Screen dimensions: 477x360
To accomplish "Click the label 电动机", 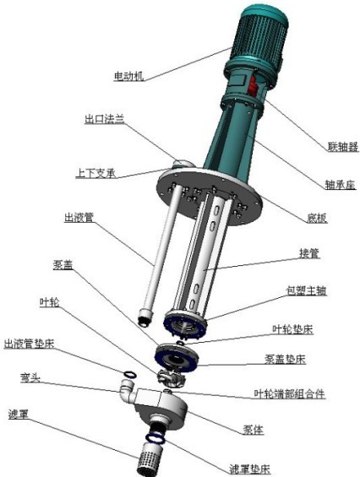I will coord(129,76).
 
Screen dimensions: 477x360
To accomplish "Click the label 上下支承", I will coord(95,174).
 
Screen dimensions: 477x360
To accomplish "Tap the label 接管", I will coord(309,252).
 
